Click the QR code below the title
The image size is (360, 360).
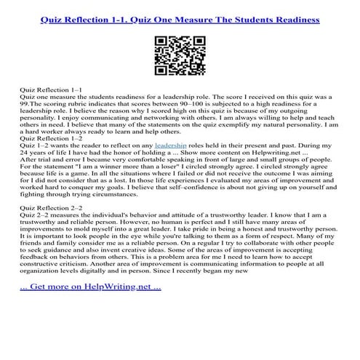point(180,55)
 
